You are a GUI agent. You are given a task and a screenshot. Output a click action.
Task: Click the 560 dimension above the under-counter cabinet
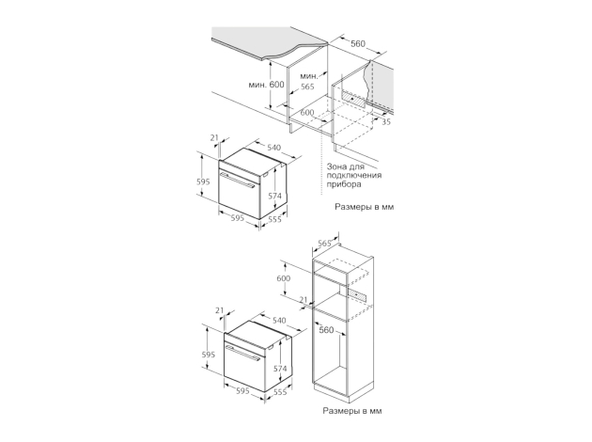358,44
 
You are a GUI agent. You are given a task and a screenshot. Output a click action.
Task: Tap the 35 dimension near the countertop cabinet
386,121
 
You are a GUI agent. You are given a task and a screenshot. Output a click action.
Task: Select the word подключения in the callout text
354,175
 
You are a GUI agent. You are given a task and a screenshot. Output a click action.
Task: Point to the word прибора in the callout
344,184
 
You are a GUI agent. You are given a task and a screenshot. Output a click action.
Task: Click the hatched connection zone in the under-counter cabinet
354,99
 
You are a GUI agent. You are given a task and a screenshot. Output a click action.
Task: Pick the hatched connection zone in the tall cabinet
357,294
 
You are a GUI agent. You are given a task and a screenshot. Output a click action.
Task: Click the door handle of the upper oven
237,181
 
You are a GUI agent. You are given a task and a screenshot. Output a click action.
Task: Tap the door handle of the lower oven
242,352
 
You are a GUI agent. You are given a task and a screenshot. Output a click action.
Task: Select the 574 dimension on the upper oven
274,196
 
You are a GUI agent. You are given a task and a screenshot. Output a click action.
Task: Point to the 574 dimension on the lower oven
280,369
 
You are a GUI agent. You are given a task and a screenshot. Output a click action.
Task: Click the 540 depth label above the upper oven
273,148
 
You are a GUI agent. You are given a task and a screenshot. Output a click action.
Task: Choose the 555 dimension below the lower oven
280,392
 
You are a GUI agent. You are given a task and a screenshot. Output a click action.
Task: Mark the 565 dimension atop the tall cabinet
324,244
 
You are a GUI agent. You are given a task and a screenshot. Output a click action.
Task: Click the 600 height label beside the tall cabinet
284,278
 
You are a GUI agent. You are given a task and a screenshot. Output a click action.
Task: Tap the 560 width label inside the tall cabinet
326,330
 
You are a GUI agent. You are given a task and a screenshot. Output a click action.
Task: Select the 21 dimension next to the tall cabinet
304,300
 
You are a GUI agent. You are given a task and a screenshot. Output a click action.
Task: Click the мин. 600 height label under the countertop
266,85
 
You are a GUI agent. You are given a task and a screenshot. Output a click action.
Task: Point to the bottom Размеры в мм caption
351,411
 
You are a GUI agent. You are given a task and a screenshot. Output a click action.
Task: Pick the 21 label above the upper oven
214,138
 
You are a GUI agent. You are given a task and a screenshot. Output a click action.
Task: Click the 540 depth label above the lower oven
279,321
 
